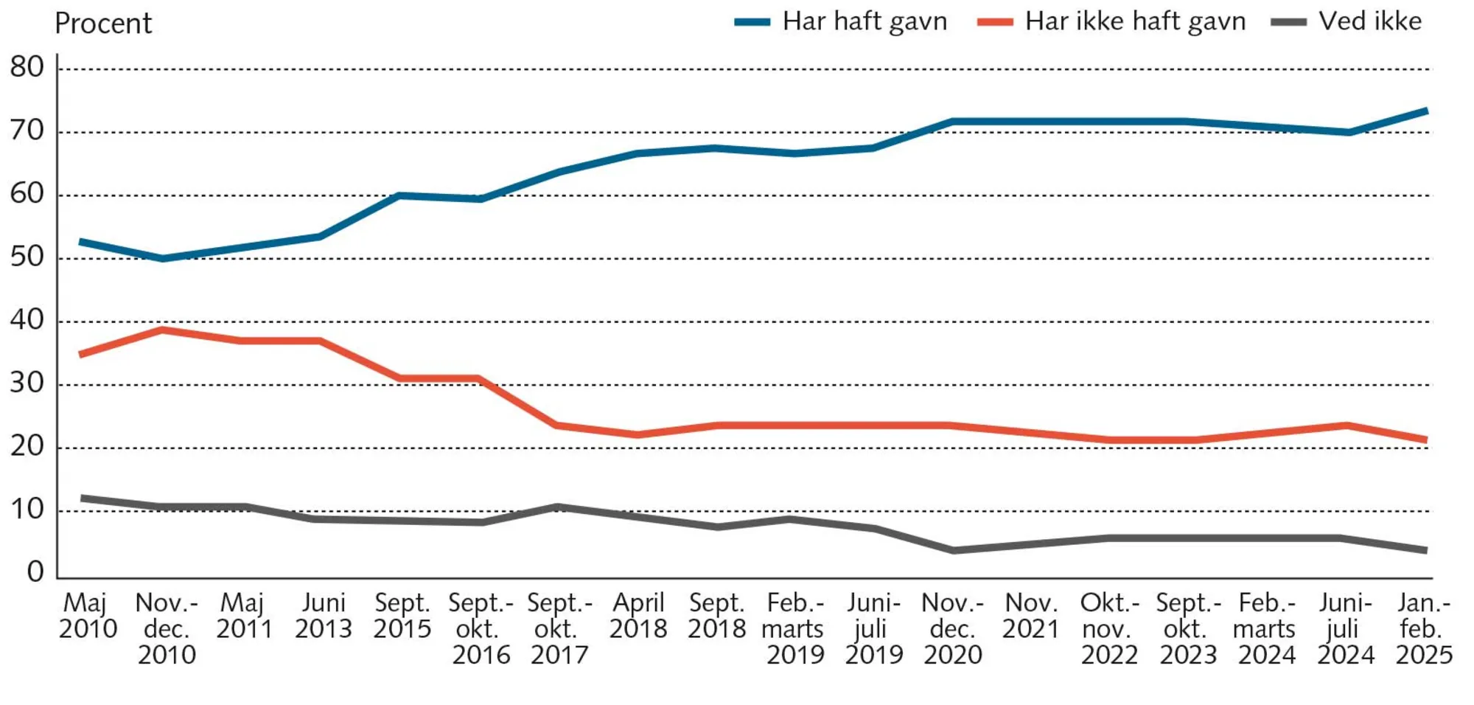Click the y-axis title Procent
[103, 24]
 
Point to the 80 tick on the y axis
[27, 68]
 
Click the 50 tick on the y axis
[27, 257]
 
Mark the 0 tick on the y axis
[35, 572]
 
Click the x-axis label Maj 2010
[88, 616]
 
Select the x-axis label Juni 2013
[324, 616]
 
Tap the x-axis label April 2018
[638, 616]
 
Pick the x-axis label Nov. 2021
[1030, 616]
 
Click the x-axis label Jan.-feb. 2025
[1424, 628]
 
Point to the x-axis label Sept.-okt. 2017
[559, 628]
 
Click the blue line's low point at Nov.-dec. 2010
[162, 259]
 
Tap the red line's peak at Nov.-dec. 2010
[162, 330]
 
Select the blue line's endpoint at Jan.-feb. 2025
[1426, 111]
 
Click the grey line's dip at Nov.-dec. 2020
[954, 550]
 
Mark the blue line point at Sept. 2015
[399, 195]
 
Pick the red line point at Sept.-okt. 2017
[557, 426]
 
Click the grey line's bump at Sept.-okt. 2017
[557, 507]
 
